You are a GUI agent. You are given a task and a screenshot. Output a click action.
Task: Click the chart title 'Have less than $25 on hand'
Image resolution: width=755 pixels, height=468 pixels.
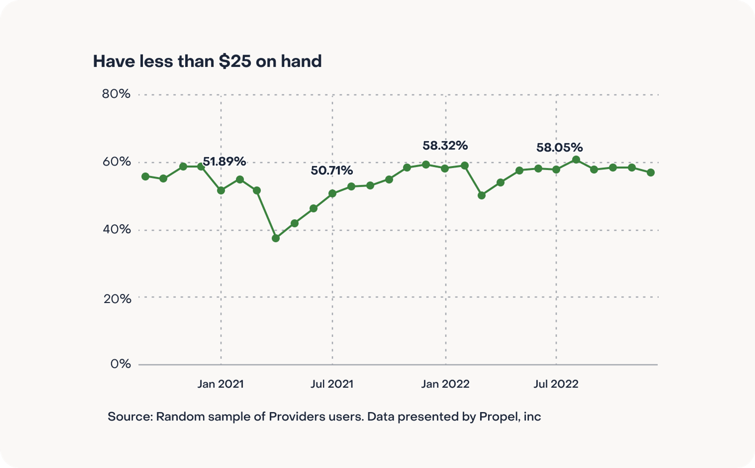(x=207, y=61)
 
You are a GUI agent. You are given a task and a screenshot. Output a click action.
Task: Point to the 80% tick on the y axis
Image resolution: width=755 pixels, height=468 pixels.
(x=116, y=94)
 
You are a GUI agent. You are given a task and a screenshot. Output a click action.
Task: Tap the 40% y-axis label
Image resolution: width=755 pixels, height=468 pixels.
(x=117, y=229)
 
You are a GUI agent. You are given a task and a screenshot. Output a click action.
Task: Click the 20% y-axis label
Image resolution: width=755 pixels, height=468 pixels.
(x=117, y=299)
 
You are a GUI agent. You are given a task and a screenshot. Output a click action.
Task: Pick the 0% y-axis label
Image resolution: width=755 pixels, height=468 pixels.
(x=120, y=364)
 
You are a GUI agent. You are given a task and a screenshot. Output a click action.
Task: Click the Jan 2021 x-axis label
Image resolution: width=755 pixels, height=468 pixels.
(x=220, y=384)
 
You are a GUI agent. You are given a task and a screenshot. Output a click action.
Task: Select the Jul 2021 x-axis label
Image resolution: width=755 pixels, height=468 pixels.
(x=332, y=384)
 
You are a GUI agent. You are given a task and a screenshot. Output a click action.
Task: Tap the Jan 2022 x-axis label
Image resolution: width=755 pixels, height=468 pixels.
(x=445, y=384)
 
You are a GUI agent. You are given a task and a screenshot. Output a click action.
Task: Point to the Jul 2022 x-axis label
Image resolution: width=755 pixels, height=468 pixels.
(x=556, y=384)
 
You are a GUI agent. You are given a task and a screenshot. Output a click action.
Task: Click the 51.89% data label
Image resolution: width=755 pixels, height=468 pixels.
(x=224, y=161)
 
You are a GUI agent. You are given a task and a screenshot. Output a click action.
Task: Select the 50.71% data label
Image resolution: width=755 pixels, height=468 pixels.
(x=331, y=170)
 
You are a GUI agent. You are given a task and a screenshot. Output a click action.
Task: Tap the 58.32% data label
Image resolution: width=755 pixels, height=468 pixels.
(x=445, y=146)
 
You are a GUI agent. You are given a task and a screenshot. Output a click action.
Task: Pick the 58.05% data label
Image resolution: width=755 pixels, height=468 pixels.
(x=559, y=147)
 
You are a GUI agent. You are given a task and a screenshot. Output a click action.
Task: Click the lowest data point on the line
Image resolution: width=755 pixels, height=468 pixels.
(x=276, y=238)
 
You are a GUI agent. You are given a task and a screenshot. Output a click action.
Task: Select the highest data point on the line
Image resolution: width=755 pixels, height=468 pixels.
(x=576, y=160)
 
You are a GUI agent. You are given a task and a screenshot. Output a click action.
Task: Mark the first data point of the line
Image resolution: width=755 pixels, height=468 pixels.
(x=145, y=177)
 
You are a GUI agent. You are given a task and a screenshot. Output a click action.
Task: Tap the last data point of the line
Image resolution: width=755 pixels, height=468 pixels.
(x=651, y=173)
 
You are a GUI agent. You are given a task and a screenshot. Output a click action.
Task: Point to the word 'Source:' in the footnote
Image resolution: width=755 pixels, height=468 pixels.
(x=130, y=417)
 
